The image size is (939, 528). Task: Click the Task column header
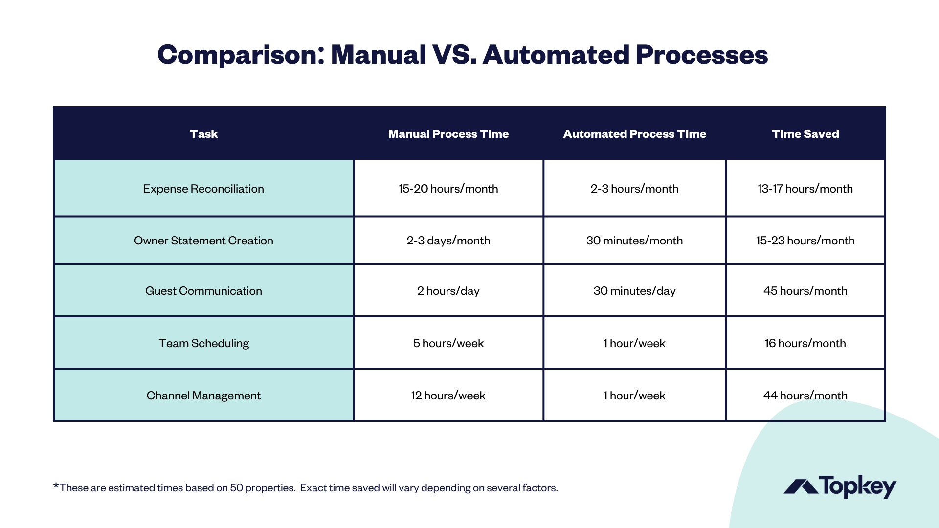[203, 134]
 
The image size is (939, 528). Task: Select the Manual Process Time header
[448, 134]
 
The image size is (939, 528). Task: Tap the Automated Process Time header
[634, 134]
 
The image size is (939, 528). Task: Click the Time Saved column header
[805, 134]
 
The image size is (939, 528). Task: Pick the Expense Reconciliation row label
[203, 189]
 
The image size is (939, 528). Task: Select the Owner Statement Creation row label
[203, 241]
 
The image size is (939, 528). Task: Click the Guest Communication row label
[203, 291]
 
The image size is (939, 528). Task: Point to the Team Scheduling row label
[203, 343]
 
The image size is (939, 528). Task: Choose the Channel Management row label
[203, 396]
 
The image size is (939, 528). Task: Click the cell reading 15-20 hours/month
[448, 189]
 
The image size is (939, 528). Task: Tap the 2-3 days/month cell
[448, 241]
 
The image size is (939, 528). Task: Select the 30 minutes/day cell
[634, 291]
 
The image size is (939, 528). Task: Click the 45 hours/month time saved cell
[805, 291]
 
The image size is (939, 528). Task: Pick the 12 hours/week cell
[448, 396]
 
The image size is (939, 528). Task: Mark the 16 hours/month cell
[805, 343]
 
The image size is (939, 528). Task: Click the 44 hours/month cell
[805, 396]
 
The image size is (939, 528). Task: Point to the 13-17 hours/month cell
[805, 189]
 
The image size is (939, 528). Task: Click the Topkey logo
[840, 486]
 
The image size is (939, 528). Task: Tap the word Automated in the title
[556, 54]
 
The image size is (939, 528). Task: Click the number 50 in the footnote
[236, 488]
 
